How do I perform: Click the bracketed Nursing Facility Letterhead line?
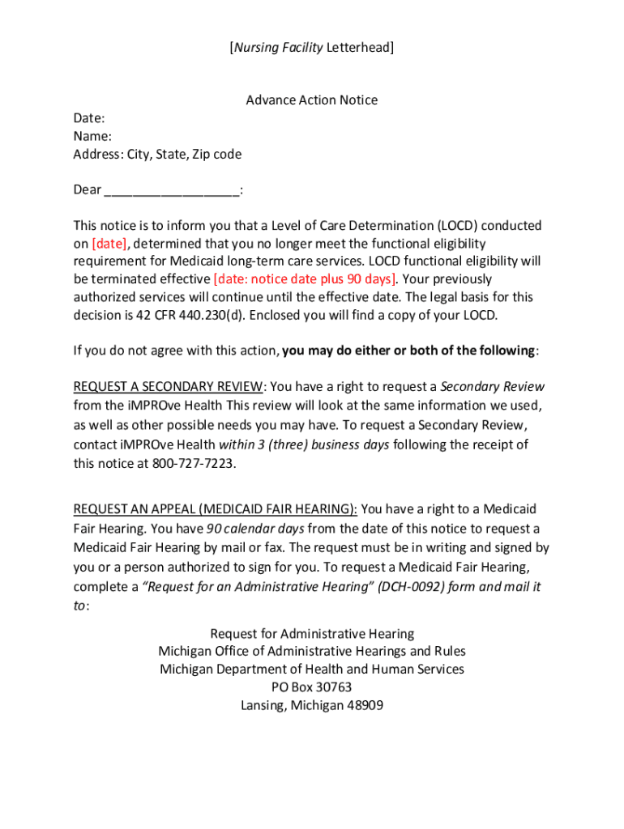pyautogui.click(x=312, y=48)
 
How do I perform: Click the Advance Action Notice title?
pyautogui.click(x=312, y=100)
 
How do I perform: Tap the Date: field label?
pyautogui.click(x=89, y=118)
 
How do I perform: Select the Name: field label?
pyautogui.click(x=92, y=136)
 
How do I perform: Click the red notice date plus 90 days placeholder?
pyautogui.click(x=305, y=279)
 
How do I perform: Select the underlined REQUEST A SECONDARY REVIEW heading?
pyautogui.click(x=168, y=386)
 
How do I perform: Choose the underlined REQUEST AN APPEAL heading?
pyautogui.click(x=216, y=509)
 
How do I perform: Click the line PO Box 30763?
pyautogui.click(x=312, y=687)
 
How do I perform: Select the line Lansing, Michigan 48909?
pyautogui.click(x=312, y=705)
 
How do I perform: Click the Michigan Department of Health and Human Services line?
pyautogui.click(x=312, y=670)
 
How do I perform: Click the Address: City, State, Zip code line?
pyautogui.click(x=157, y=154)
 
